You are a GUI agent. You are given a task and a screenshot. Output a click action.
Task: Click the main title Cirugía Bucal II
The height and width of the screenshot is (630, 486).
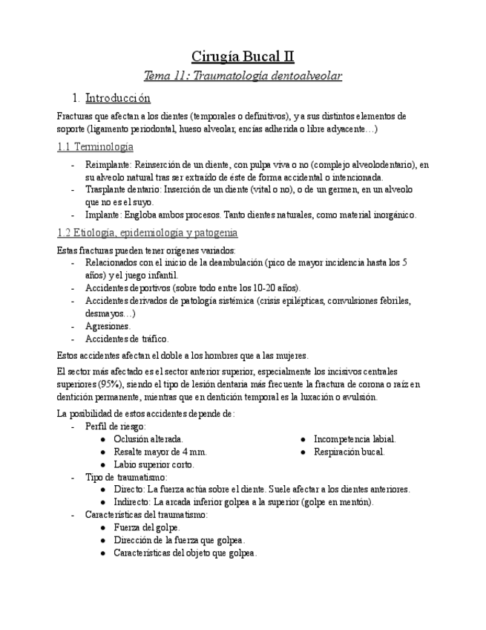[243, 56]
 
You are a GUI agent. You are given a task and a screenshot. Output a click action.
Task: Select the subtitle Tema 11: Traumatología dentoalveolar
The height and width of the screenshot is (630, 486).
[243, 76]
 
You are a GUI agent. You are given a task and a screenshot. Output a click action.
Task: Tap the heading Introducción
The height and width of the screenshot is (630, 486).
[118, 98]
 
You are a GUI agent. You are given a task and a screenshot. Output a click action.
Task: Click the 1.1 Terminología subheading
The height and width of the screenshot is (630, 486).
[95, 146]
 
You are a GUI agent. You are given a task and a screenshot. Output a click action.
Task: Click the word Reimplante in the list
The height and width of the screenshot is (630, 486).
[108, 165]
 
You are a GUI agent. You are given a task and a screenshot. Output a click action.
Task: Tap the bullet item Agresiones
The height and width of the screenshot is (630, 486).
[108, 326]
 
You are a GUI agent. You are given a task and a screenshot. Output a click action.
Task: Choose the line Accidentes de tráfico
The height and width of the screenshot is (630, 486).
[127, 339]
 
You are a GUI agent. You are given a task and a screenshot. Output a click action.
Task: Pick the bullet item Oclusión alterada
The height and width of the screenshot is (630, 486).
[148, 440]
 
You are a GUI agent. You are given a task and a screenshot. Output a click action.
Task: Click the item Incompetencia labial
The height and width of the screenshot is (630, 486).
[355, 440]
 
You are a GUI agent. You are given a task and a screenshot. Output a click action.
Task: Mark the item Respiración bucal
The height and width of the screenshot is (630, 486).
[349, 452]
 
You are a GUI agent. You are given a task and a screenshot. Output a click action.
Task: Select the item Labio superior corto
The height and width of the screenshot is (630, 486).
[154, 464]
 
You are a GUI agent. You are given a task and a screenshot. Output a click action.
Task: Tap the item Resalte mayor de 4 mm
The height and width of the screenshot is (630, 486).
[160, 452]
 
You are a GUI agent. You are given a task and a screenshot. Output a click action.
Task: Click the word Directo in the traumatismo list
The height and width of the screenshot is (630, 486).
[129, 490]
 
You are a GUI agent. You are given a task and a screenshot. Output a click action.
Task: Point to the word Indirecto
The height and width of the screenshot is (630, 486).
[133, 501]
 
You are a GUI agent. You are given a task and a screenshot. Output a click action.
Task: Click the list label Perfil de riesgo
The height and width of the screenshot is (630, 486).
[115, 426]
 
